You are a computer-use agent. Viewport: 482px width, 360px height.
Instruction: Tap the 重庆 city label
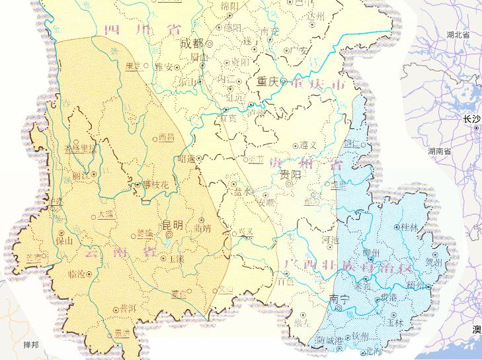coord(268,83)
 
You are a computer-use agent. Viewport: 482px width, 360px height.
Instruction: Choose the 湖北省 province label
coord(458,34)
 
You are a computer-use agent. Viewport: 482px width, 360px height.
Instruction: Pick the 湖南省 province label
coord(439,152)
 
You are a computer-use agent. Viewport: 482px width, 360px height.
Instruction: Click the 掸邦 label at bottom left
coord(31,346)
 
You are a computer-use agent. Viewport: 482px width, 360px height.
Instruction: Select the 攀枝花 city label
coord(157,185)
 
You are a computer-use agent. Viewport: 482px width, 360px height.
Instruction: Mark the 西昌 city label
coord(166,138)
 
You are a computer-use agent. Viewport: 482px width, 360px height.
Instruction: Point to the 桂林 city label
coord(410,227)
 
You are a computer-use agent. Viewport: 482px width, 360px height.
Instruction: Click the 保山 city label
coord(65,242)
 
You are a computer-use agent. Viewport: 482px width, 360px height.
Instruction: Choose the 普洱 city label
coord(129,308)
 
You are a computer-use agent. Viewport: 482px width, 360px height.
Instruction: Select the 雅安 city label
coord(164,67)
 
